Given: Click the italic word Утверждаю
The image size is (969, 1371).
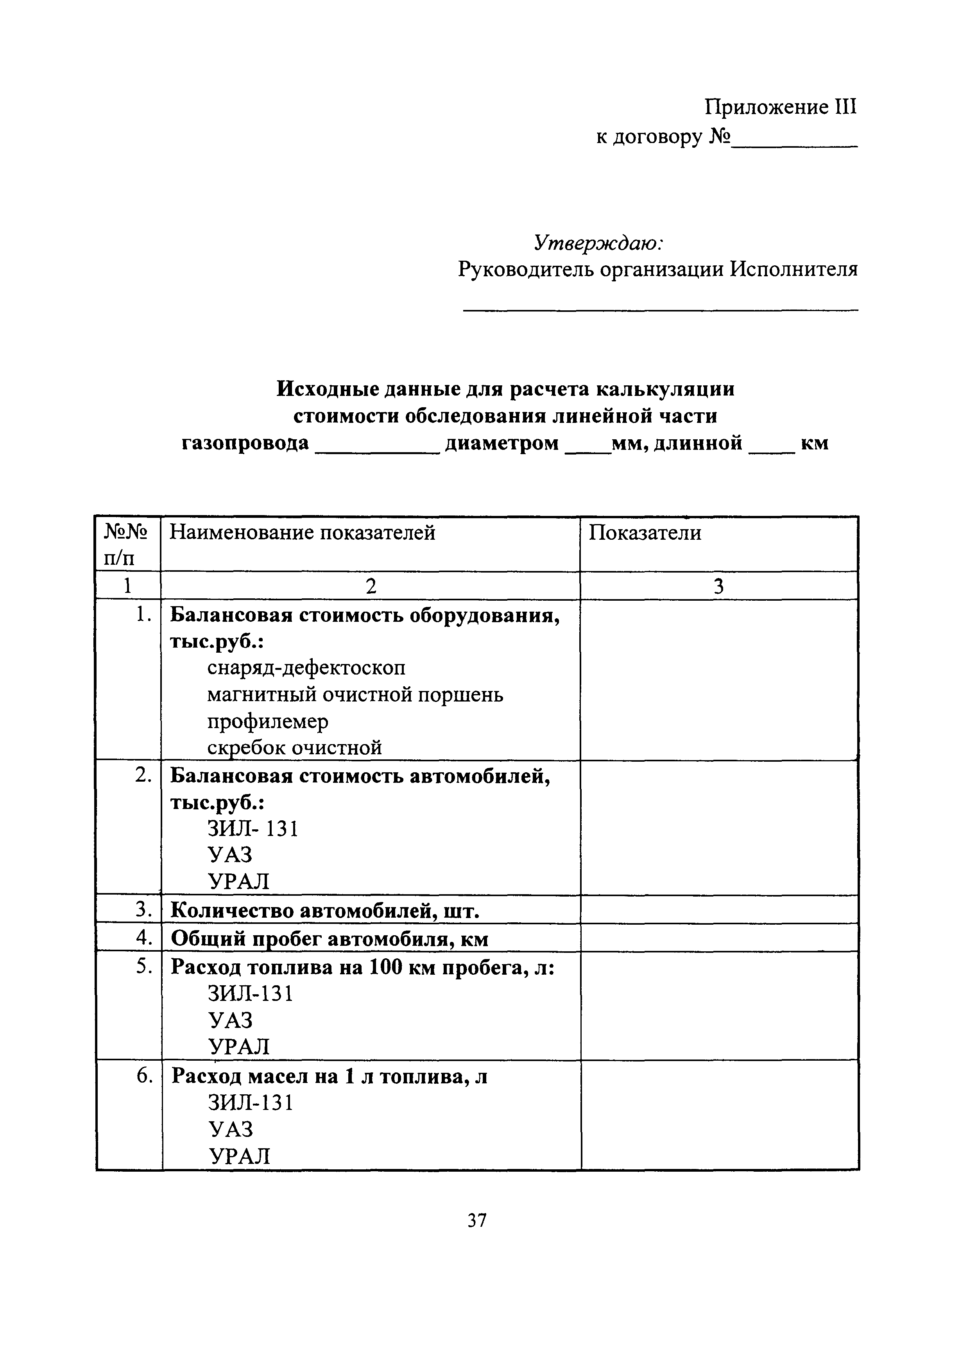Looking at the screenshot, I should (x=598, y=243).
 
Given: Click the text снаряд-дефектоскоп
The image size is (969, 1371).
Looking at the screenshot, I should (x=306, y=668).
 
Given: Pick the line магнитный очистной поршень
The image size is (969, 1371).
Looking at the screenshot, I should (x=355, y=694).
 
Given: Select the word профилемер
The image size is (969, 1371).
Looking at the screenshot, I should (x=267, y=721).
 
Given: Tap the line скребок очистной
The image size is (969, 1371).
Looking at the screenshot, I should (x=294, y=748).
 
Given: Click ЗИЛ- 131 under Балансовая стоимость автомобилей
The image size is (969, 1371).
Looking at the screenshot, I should (x=253, y=829).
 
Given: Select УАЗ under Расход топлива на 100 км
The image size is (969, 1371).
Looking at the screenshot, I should (x=231, y=1020).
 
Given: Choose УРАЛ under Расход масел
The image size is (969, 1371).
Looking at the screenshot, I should (x=239, y=1156).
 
